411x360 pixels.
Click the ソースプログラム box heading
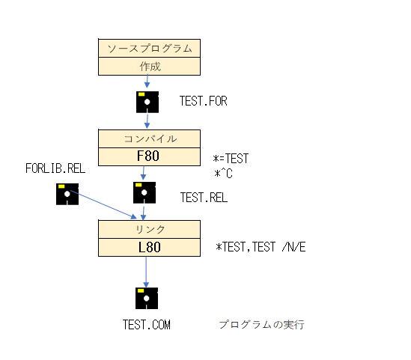(x=149, y=48)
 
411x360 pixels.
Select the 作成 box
(x=149, y=67)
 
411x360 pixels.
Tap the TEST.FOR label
(x=203, y=101)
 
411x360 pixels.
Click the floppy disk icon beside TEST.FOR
(x=147, y=102)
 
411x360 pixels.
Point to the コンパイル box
(x=149, y=138)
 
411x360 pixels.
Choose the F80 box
(x=149, y=156)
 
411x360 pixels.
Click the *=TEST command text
(x=231, y=159)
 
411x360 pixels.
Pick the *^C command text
(x=223, y=174)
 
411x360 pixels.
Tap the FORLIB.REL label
(x=55, y=168)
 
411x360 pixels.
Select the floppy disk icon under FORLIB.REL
(x=67, y=194)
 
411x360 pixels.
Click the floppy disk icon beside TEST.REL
(x=144, y=192)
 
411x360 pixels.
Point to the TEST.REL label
(x=204, y=198)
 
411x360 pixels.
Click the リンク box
(x=149, y=229)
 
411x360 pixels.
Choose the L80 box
(x=149, y=247)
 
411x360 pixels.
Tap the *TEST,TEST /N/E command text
(x=261, y=247)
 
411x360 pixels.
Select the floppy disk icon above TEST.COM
(x=147, y=298)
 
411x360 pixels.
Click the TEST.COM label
(x=147, y=325)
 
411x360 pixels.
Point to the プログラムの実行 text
(x=261, y=324)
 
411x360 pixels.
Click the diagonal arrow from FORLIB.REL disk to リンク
(x=103, y=204)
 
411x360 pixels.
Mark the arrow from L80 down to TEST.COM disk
(x=146, y=272)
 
